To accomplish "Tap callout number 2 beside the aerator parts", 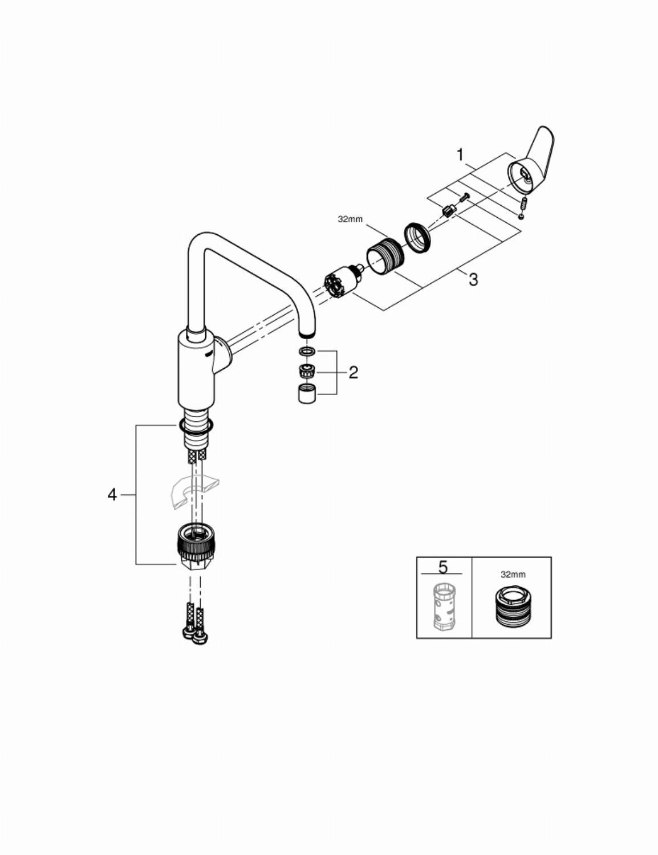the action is click(354, 372).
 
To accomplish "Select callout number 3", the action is click(473, 279).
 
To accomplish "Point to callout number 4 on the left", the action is click(112, 495).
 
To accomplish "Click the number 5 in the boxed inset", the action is click(443, 567).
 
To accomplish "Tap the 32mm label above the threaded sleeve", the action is click(350, 219).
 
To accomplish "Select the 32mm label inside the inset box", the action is click(513, 575).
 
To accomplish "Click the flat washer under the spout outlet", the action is click(307, 350).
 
